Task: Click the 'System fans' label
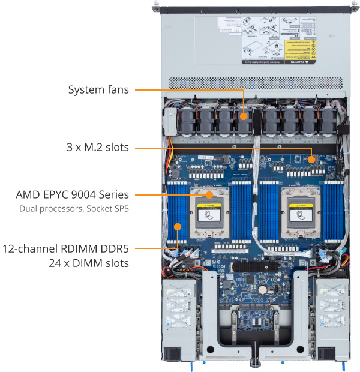(x=98, y=90)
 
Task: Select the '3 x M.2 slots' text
(x=97, y=146)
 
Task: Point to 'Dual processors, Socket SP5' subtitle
(x=74, y=209)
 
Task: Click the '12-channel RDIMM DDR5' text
(x=65, y=248)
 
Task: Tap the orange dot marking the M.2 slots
(x=312, y=160)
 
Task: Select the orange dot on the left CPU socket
(x=209, y=195)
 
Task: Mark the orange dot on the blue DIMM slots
(x=178, y=227)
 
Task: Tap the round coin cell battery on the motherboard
(x=262, y=289)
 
